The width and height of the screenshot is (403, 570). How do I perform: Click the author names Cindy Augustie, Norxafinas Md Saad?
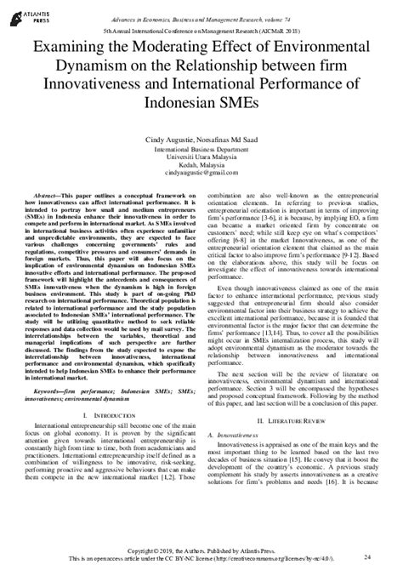pyautogui.click(x=201, y=137)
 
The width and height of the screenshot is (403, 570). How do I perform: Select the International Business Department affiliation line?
pyautogui.click(x=201, y=147)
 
